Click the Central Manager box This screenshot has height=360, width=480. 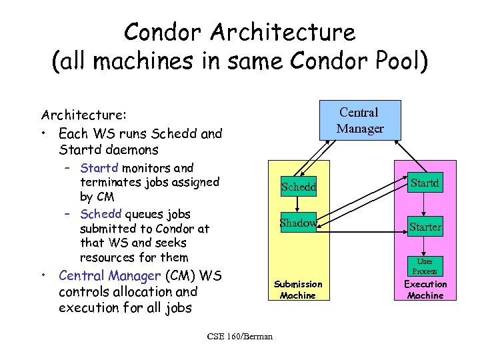click(x=360, y=120)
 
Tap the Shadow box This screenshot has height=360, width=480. click(x=297, y=223)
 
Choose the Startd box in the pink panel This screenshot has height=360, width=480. click(x=425, y=181)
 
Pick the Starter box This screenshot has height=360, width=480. click(x=425, y=227)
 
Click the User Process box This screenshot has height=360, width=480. click(x=425, y=267)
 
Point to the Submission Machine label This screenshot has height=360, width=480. click(x=298, y=289)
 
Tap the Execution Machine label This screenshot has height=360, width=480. click(x=425, y=289)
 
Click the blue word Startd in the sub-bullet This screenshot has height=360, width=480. click(x=97, y=168)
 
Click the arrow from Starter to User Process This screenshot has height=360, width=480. click(x=425, y=245)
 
